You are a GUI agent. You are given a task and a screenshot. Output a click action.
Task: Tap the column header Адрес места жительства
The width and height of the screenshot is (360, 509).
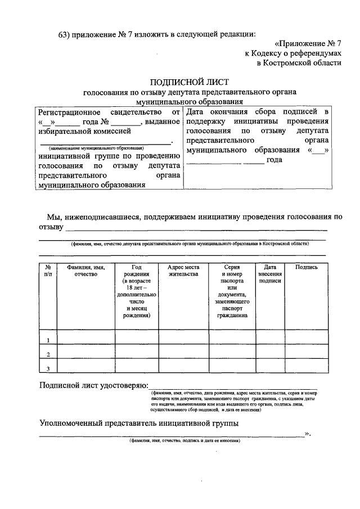tap(183, 271)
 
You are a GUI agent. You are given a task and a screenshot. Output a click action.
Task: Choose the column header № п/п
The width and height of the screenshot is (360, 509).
tap(48, 271)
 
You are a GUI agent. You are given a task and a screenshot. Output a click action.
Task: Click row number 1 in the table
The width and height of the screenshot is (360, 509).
tap(48, 340)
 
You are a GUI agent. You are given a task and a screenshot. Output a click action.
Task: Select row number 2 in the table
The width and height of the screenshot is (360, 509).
tap(48, 354)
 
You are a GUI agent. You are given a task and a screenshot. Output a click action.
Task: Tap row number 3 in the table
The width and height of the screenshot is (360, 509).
tap(48, 368)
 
